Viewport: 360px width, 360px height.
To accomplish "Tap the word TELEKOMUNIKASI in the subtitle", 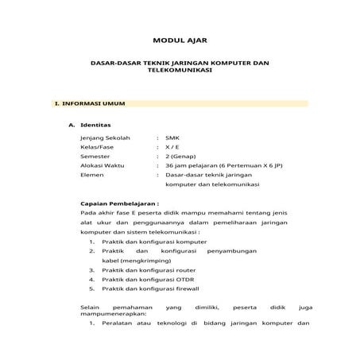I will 180,70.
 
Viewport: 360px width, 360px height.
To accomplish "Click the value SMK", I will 171,137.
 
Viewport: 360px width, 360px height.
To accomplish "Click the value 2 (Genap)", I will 178,156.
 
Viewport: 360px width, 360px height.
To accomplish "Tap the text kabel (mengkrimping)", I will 132,260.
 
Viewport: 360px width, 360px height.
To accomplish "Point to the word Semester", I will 96,156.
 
